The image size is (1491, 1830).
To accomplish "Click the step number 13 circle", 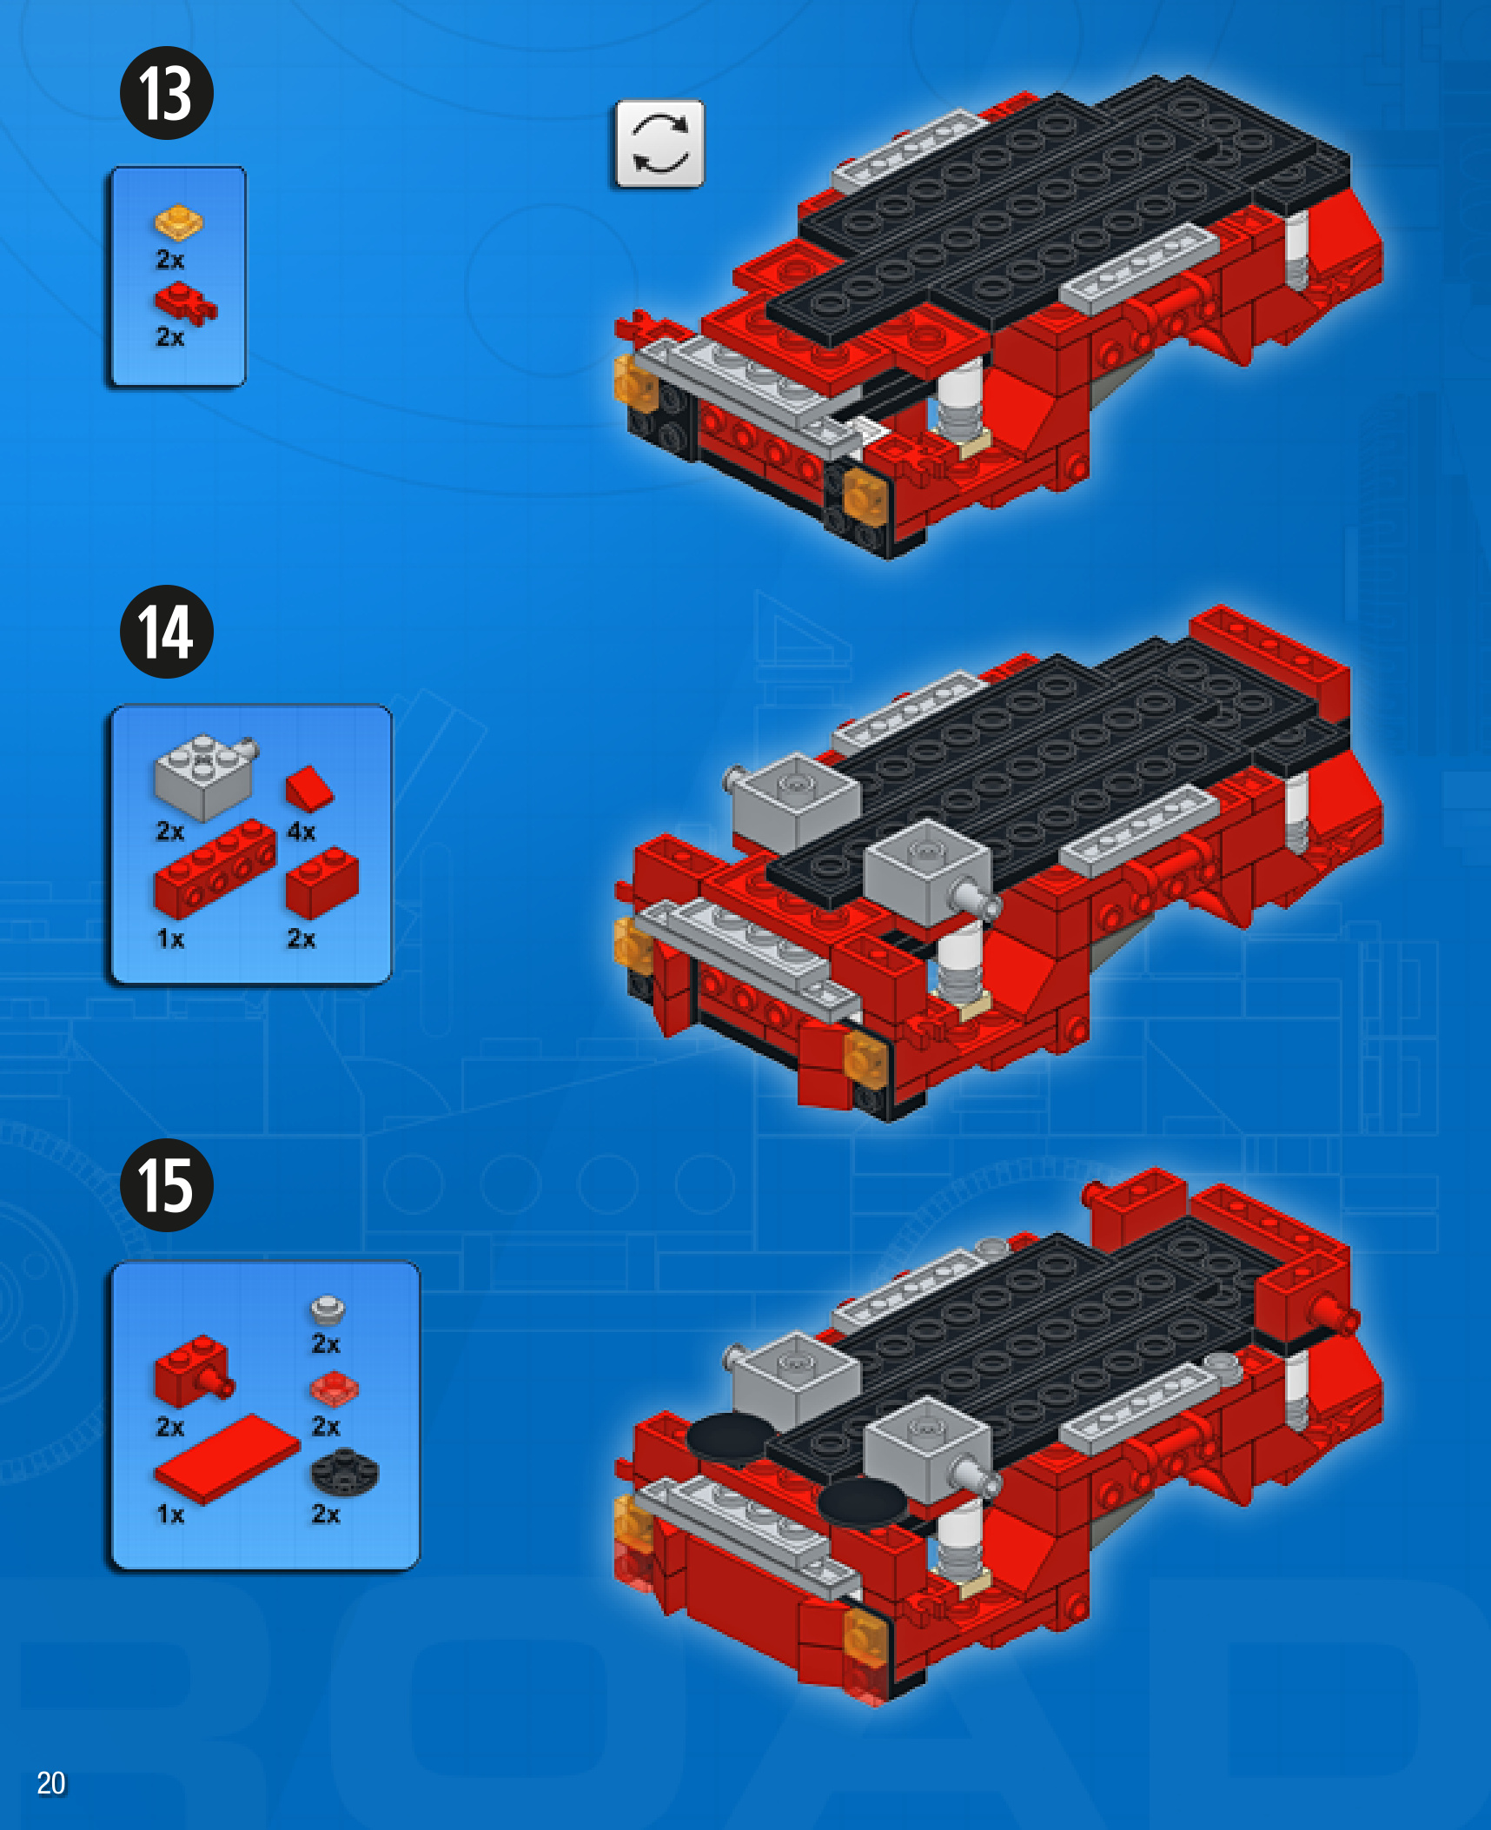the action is pos(166,93).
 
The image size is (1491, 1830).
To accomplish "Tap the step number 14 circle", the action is pos(166,632).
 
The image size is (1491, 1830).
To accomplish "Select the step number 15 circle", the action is pos(166,1185).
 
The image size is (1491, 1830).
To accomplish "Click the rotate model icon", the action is pos(659,143).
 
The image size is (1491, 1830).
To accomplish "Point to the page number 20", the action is pos(51,1782).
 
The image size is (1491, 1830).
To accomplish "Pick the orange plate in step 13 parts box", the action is pos(179,222).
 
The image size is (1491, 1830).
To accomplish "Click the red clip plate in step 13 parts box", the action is pos(185,305).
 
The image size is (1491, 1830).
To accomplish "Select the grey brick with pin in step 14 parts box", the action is pos(205,777).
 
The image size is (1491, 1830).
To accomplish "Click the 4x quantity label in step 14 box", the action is pos(301,832).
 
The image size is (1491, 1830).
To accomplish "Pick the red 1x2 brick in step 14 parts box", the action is pos(321,883).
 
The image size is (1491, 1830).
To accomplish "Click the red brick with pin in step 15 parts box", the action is pos(193,1372).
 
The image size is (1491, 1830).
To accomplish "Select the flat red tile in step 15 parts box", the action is pos(227,1459).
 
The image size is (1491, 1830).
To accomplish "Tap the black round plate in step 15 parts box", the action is pos(345,1472).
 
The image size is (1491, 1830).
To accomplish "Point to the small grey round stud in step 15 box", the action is pos(328,1310).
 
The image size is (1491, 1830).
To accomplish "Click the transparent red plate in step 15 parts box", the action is pos(334,1389).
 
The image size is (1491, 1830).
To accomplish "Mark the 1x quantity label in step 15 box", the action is pos(170,1515).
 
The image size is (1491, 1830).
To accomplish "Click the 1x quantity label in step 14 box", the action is pos(170,939).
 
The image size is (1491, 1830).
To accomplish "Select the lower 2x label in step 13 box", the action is pos(170,337).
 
